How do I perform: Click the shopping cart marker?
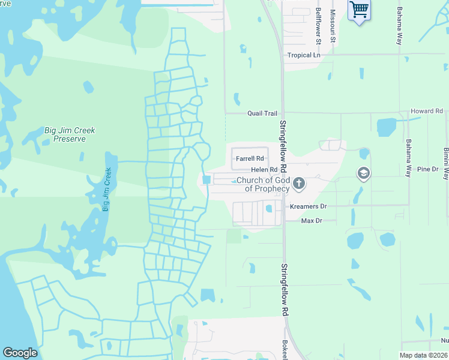click(x=359, y=10)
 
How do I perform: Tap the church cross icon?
click(x=298, y=184)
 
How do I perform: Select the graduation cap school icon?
click(x=363, y=174)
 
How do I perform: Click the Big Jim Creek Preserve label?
click(x=70, y=134)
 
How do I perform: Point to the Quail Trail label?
click(x=262, y=113)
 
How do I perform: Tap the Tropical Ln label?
click(x=303, y=55)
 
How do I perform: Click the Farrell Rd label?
click(x=250, y=159)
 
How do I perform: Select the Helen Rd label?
click(x=264, y=170)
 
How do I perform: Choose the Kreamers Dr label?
click(x=308, y=206)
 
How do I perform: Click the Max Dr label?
click(x=312, y=221)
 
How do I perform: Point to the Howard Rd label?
click(x=426, y=112)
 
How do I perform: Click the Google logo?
click(x=20, y=353)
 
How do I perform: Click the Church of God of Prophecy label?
click(x=264, y=184)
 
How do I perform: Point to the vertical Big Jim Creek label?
click(x=107, y=190)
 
